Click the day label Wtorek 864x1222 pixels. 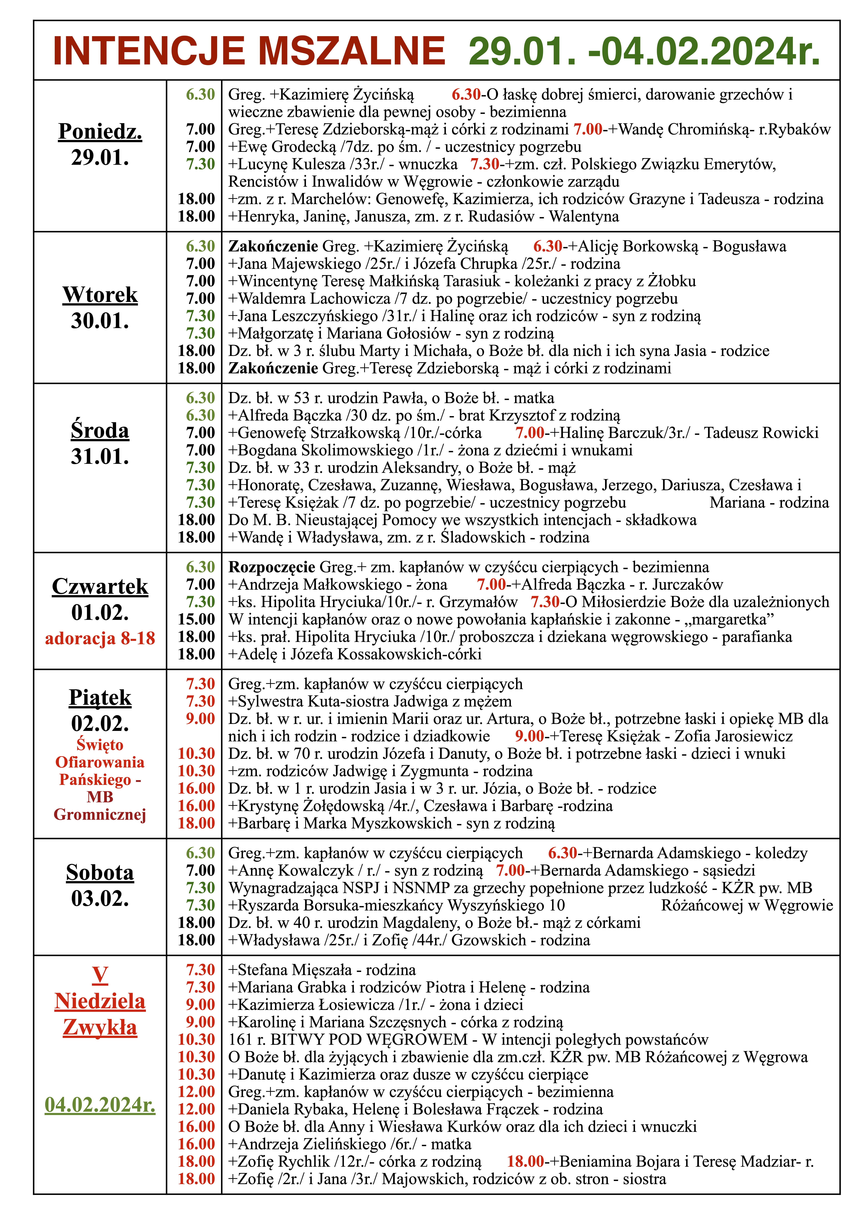tap(100, 294)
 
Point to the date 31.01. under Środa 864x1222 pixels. tap(100, 456)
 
